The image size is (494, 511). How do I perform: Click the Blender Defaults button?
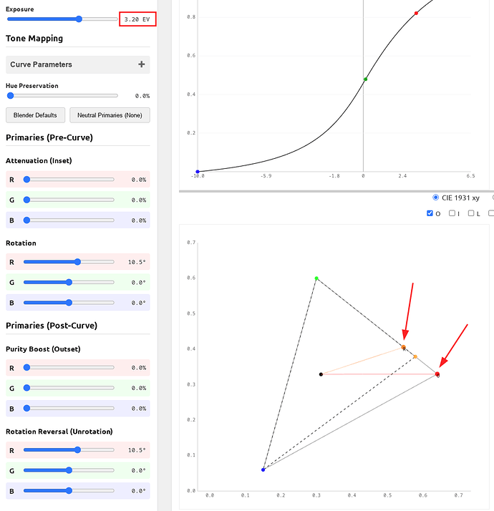click(36, 115)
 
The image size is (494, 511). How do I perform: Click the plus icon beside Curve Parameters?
click(142, 64)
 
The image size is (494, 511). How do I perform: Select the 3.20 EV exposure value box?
click(137, 19)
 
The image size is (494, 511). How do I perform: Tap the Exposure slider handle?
click(79, 19)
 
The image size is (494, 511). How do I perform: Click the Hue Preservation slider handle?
click(9, 95)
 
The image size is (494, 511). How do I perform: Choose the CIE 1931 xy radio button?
click(436, 197)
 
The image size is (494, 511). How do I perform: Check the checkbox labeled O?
click(430, 213)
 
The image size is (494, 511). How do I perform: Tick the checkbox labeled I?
click(452, 213)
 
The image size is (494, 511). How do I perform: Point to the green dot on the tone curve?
click(365, 79)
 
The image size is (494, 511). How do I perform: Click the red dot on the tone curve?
click(416, 14)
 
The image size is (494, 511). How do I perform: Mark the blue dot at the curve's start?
click(198, 172)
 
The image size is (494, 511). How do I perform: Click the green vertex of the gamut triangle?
click(316, 278)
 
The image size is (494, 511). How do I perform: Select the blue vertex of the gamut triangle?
click(263, 469)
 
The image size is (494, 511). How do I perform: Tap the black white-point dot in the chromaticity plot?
click(321, 374)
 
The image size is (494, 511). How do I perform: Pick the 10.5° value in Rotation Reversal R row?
click(135, 450)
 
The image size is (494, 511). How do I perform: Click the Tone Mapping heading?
click(34, 39)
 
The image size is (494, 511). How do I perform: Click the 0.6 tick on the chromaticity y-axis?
click(191, 278)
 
